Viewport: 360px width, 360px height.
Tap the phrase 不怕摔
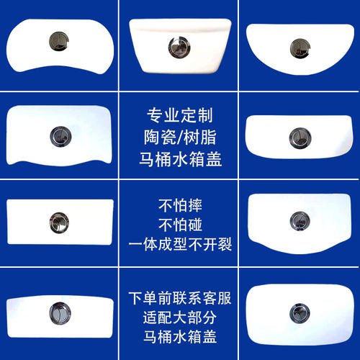tap(179, 203)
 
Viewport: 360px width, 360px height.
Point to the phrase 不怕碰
tap(179, 224)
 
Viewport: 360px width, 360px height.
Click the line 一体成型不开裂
tap(179, 245)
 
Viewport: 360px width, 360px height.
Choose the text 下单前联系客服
tap(179, 296)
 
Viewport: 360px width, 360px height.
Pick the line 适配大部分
tap(179, 316)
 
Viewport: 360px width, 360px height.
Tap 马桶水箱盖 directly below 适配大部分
tap(179, 336)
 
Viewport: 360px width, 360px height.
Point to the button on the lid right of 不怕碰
tap(297, 221)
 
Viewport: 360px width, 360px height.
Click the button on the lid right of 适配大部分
tap(297, 312)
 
